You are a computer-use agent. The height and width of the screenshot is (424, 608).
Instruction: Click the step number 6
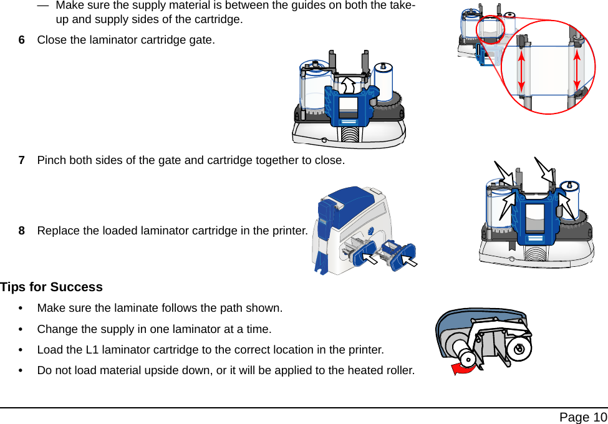[22, 40]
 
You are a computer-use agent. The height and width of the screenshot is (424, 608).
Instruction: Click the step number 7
[22, 160]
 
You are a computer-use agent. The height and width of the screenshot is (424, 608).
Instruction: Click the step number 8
[22, 231]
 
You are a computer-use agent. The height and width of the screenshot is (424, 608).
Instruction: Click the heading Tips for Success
[51, 287]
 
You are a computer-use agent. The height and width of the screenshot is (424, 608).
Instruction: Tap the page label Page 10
[582, 417]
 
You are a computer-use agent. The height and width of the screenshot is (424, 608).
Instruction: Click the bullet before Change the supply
[23, 329]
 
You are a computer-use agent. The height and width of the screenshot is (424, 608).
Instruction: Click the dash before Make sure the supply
[43, 6]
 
